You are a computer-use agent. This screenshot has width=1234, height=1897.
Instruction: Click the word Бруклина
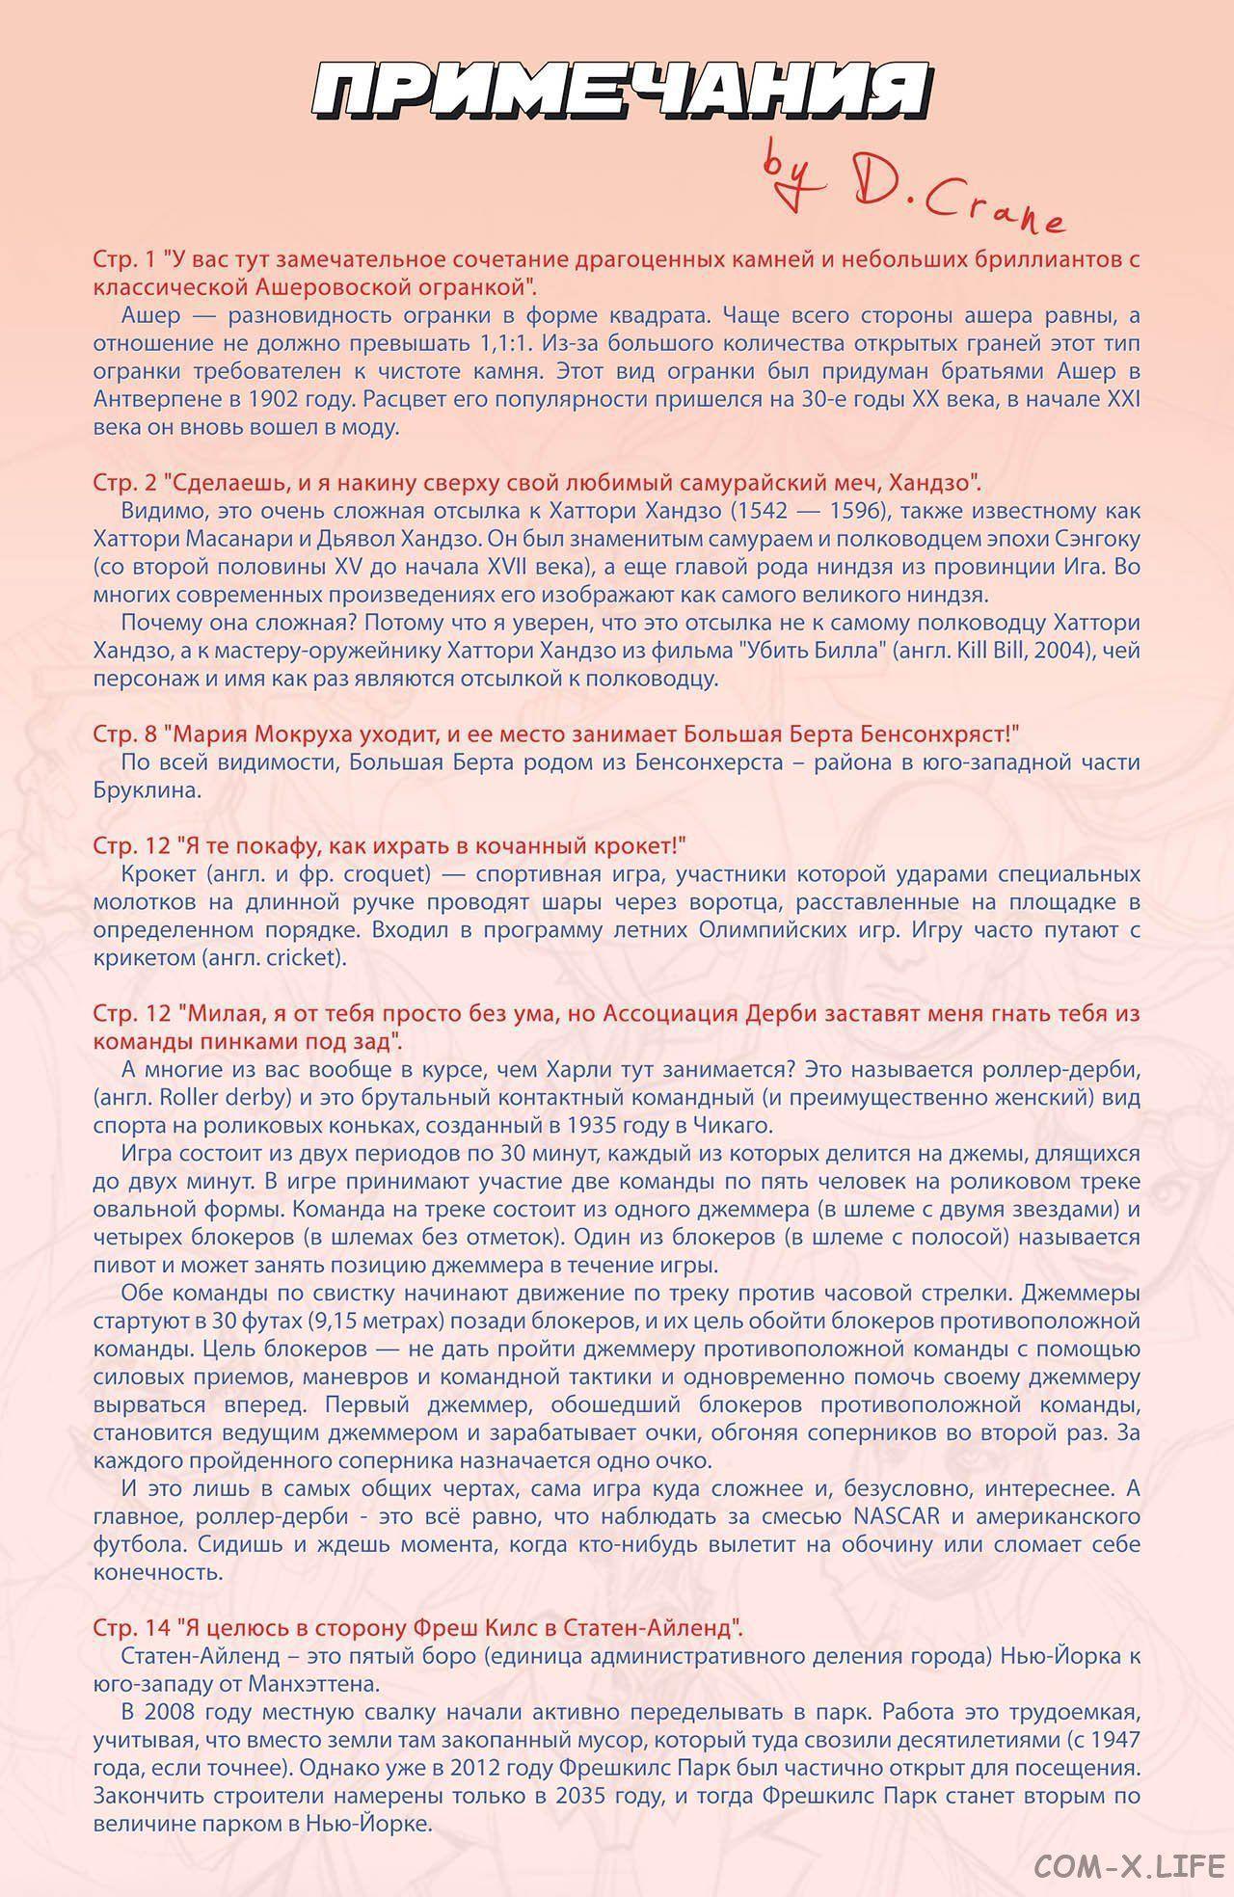tap(148, 790)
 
